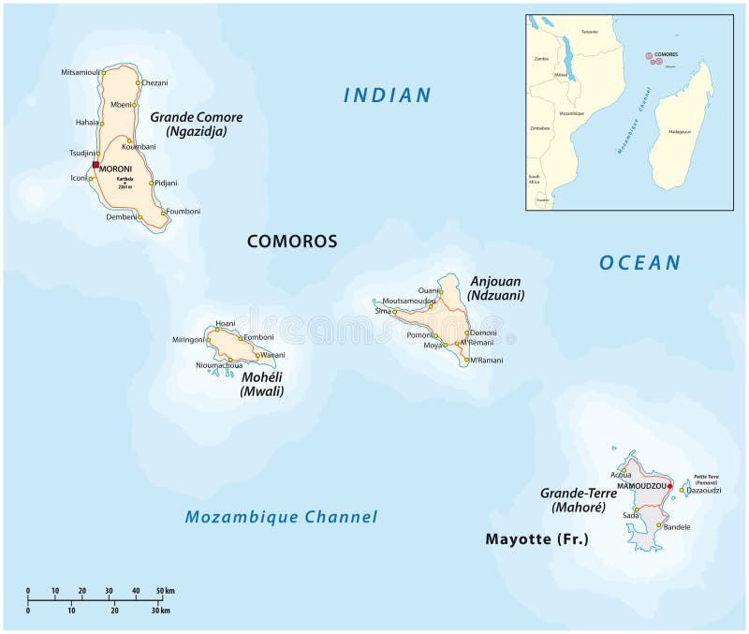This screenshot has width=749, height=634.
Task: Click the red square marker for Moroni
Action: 95,165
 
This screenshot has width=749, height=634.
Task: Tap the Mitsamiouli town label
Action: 81,72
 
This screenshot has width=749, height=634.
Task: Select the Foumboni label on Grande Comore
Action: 184,212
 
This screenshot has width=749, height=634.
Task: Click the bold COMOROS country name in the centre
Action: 291,242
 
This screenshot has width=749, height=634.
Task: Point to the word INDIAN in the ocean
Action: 387,95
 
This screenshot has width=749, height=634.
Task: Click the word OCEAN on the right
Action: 640,263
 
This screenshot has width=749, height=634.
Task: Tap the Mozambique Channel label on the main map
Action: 281,517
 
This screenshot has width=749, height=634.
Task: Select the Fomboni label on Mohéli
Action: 257,337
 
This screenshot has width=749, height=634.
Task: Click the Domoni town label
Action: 483,332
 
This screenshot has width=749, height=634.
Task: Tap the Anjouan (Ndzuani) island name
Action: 496,288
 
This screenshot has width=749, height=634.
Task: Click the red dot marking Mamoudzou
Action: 669,486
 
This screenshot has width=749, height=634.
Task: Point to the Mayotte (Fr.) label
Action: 536,539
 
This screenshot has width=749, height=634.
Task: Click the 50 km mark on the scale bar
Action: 165,591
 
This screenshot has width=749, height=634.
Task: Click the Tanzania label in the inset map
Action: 589,32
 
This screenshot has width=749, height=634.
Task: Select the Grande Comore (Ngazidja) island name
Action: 196,125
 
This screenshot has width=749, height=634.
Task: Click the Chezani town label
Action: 155,82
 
